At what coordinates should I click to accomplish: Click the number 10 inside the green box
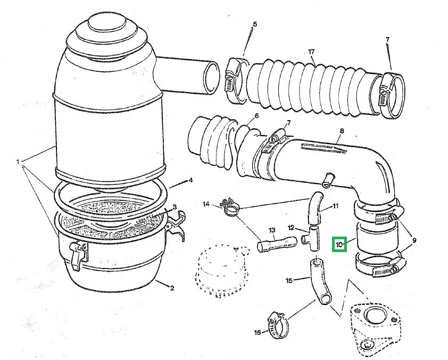coord(339,245)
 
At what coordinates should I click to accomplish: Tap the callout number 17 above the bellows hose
coord(312,52)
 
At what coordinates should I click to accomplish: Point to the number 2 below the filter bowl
coord(172,288)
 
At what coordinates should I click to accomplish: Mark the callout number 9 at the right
coord(414,240)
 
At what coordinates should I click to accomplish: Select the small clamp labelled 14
coord(230,208)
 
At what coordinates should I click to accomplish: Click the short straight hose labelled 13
coord(277,245)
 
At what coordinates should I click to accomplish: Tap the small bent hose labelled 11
coord(315,208)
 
